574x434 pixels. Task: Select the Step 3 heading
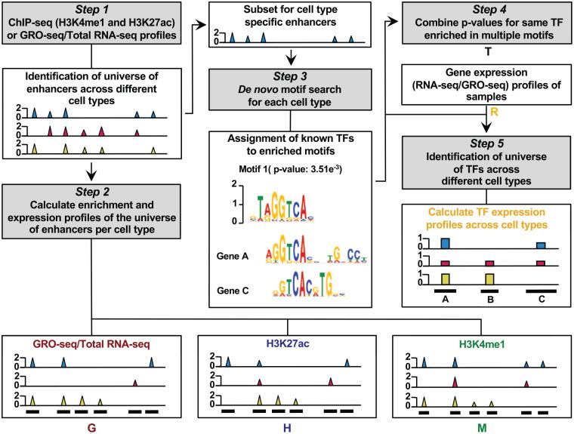[288, 79]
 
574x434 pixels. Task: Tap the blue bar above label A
[445, 243]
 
